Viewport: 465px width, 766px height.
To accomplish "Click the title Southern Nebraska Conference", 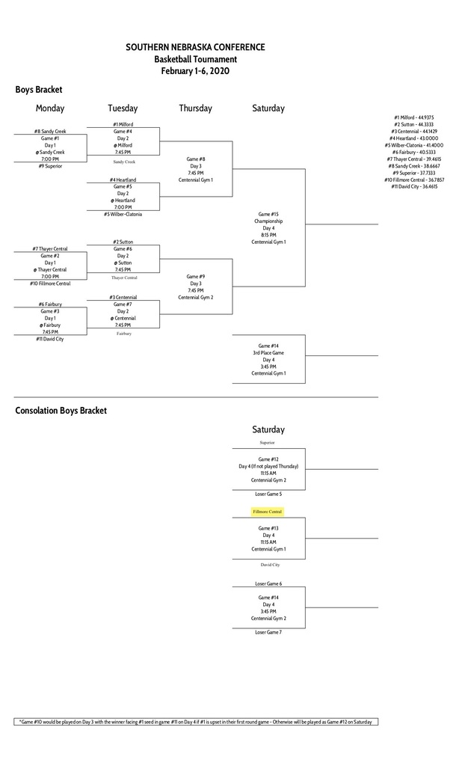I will point(195,47).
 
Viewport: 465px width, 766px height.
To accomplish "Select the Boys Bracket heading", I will point(39,90).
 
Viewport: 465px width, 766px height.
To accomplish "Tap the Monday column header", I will point(50,108).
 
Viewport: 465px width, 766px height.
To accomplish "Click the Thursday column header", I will point(195,108).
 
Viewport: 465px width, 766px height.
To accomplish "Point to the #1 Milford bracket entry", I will point(123,124).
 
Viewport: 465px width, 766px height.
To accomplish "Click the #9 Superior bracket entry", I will point(50,166).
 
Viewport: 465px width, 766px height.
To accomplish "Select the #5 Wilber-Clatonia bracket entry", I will point(123,214).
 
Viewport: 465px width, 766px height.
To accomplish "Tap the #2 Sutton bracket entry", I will point(123,242).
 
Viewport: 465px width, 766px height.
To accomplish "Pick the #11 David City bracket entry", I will point(50,339).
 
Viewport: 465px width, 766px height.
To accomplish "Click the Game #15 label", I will point(268,214).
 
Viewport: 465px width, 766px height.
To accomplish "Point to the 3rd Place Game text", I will point(268,352).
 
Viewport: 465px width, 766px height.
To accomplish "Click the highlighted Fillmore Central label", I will point(268,512).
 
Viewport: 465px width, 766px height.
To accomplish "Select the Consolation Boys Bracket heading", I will point(61,410).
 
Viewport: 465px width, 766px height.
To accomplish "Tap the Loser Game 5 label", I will point(268,494).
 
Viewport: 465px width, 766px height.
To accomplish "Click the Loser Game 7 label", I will point(268,632).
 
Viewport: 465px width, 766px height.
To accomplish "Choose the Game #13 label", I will point(268,528).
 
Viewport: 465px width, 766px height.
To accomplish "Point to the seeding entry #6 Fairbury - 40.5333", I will point(415,152).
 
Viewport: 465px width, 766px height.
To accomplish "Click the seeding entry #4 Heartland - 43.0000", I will point(415,138).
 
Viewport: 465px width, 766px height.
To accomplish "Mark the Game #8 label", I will point(196,159).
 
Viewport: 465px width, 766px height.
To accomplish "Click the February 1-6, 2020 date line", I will point(195,71).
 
